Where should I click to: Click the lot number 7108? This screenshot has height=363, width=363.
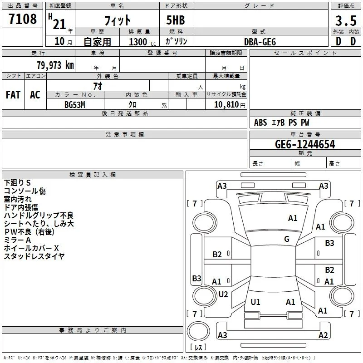(23, 19)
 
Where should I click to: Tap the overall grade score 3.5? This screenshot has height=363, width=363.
(346, 21)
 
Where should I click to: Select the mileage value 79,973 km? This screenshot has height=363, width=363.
(55, 65)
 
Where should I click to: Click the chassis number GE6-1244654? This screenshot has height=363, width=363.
(305, 144)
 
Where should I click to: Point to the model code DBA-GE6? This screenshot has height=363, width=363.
(260, 42)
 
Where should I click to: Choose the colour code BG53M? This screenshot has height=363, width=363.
(75, 105)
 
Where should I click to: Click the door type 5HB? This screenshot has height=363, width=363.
(176, 20)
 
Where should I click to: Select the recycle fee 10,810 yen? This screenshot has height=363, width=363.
(230, 105)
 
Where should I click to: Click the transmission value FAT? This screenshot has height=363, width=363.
(13, 95)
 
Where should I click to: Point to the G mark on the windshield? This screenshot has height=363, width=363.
(287, 239)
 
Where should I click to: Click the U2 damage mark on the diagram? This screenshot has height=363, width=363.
(223, 294)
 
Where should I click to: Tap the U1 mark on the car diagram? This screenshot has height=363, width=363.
(255, 302)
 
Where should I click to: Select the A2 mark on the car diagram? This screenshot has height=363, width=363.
(323, 335)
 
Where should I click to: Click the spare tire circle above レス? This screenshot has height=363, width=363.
(198, 331)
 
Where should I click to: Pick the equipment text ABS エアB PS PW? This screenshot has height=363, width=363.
(281, 123)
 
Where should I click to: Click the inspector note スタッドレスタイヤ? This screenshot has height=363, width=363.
(34, 256)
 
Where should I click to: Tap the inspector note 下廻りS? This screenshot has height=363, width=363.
(17, 183)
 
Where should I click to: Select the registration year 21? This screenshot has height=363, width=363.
(59, 24)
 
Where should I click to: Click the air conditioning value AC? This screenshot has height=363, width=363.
(35, 95)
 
